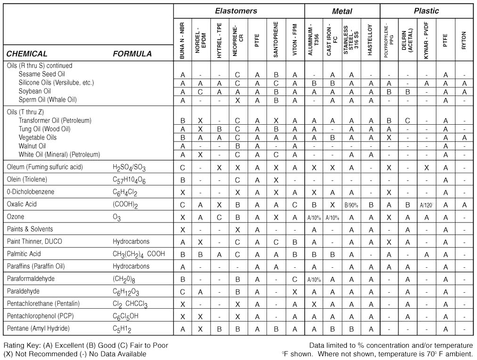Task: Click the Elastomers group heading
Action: (236, 11)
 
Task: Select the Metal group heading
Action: (341, 11)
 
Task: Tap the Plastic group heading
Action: (426, 11)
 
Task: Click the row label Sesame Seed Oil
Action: (42, 74)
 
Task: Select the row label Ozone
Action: (16, 217)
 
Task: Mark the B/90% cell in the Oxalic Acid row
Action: (351, 205)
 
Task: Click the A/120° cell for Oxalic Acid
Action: (426, 205)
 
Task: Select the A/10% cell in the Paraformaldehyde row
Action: (314, 279)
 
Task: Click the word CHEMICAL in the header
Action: (27, 54)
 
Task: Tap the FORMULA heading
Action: (132, 54)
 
